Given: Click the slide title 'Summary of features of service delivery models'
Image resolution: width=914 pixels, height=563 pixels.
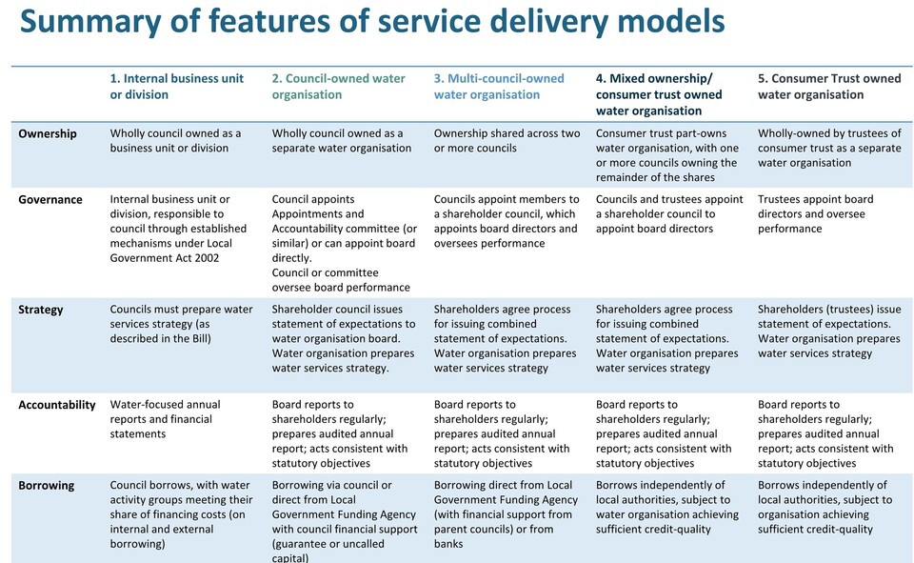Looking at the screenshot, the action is tap(372, 22).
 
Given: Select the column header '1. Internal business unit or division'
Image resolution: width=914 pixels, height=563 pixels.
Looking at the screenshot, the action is tap(177, 87).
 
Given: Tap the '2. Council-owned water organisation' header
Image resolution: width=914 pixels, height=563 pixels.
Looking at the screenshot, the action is tap(338, 87).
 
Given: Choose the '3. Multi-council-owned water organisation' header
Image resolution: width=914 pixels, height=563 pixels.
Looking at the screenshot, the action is tap(498, 87).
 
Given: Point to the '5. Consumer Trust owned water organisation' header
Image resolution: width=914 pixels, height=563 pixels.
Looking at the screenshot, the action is tap(829, 87).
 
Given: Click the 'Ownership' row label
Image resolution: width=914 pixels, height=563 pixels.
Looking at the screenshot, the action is tap(48, 133).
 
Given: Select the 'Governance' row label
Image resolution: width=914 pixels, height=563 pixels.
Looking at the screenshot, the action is tap(50, 199).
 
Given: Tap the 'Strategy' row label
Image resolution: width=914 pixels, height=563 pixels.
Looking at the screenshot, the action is tap(40, 310).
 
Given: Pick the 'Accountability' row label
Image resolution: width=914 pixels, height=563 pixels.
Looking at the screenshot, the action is tap(56, 405).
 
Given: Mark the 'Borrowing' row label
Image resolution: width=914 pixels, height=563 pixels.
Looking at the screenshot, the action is tap(46, 486).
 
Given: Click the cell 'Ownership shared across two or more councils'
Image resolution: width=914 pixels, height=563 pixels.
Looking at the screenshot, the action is tap(507, 141).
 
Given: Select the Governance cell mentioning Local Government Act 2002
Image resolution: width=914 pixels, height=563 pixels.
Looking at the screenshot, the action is tap(178, 229).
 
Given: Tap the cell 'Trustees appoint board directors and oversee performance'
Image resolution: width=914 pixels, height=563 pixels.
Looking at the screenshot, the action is tap(816, 214).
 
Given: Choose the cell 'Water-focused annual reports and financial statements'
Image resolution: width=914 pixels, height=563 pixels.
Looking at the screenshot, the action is tap(165, 419).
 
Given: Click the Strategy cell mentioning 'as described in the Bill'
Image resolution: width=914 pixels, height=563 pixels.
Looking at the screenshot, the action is tap(181, 324).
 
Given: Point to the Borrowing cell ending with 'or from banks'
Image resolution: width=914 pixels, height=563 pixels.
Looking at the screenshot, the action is tap(506, 514).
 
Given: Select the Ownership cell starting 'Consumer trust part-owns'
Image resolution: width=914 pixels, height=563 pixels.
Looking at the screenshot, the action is tap(666, 155).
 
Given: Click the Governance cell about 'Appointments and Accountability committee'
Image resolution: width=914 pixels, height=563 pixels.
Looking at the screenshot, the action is tap(345, 243).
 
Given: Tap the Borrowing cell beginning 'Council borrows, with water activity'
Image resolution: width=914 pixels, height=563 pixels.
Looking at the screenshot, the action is tap(181, 514).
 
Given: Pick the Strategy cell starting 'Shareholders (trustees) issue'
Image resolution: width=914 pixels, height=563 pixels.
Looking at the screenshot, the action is tap(829, 332).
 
